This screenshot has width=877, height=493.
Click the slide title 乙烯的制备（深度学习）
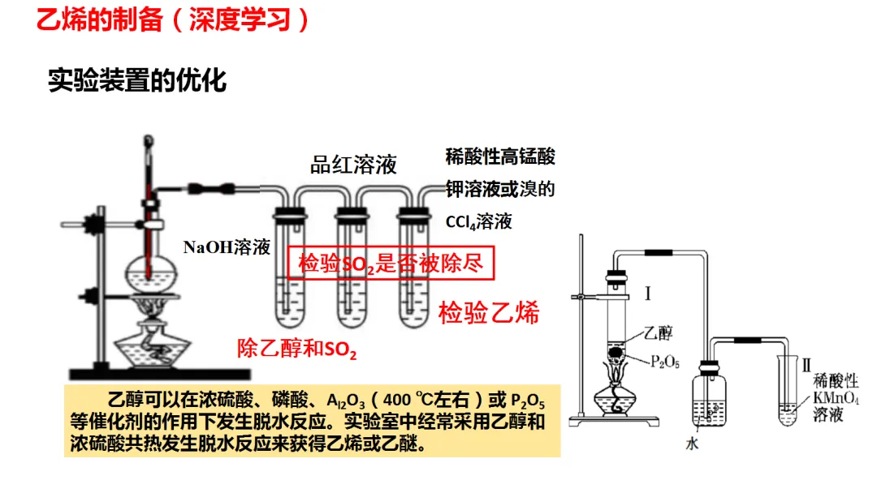pos(173,20)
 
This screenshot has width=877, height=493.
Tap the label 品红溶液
pos(353,165)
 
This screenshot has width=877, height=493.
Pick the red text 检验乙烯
pos(489,312)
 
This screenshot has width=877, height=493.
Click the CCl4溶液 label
pos(479,221)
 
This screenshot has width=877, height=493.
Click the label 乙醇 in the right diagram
pos(659,333)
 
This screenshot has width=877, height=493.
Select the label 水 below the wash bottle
pos(692,444)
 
